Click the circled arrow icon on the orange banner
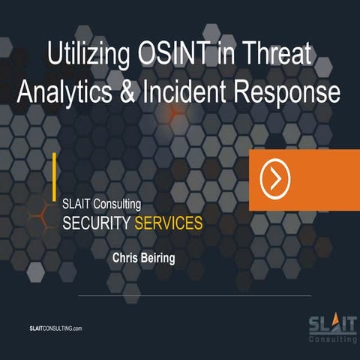click(275, 179)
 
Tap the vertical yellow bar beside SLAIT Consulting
click(55, 177)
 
